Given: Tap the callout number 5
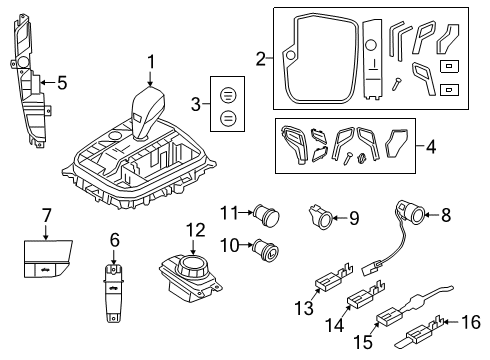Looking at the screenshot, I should tap(61, 83).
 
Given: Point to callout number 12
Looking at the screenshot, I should tap(195, 230).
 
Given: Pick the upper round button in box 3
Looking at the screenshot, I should tap(227, 94).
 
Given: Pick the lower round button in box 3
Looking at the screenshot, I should tap(227, 118).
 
